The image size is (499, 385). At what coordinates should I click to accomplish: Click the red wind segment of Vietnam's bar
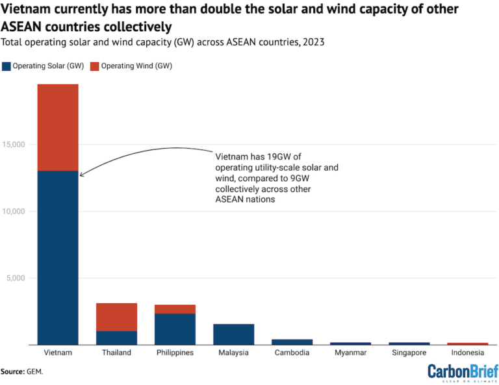click(58, 127)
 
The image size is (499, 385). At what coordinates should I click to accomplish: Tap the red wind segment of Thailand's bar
click(116, 317)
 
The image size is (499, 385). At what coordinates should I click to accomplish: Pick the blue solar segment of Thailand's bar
click(116, 338)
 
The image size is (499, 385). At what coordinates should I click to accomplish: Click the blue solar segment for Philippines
click(175, 329)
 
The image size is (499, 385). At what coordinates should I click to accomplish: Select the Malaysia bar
click(233, 334)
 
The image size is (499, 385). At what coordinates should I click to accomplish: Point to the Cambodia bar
click(292, 342)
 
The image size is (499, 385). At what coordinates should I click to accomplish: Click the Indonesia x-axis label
click(467, 353)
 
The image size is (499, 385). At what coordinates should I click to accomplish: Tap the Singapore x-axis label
click(409, 353)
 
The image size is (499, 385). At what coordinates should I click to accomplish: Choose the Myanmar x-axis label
click(350, 353)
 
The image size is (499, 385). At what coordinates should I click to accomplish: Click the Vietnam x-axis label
click(58, 353)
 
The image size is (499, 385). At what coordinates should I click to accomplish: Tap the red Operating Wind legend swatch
click(93, 66)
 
